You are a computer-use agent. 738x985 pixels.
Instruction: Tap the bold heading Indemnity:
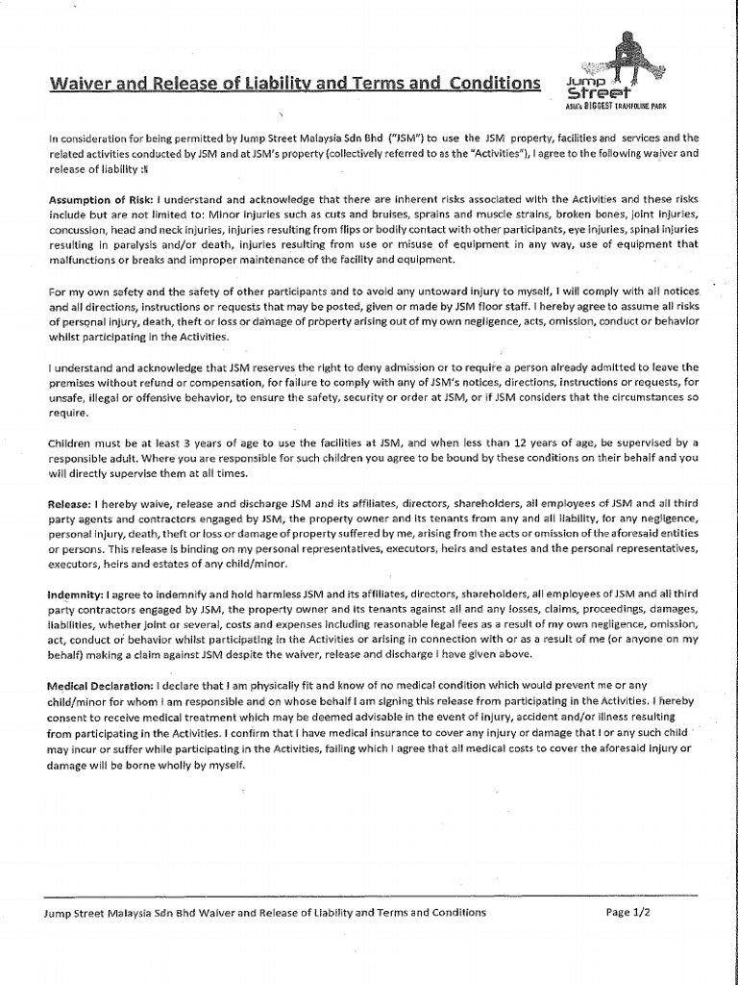tap(80, 594)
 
